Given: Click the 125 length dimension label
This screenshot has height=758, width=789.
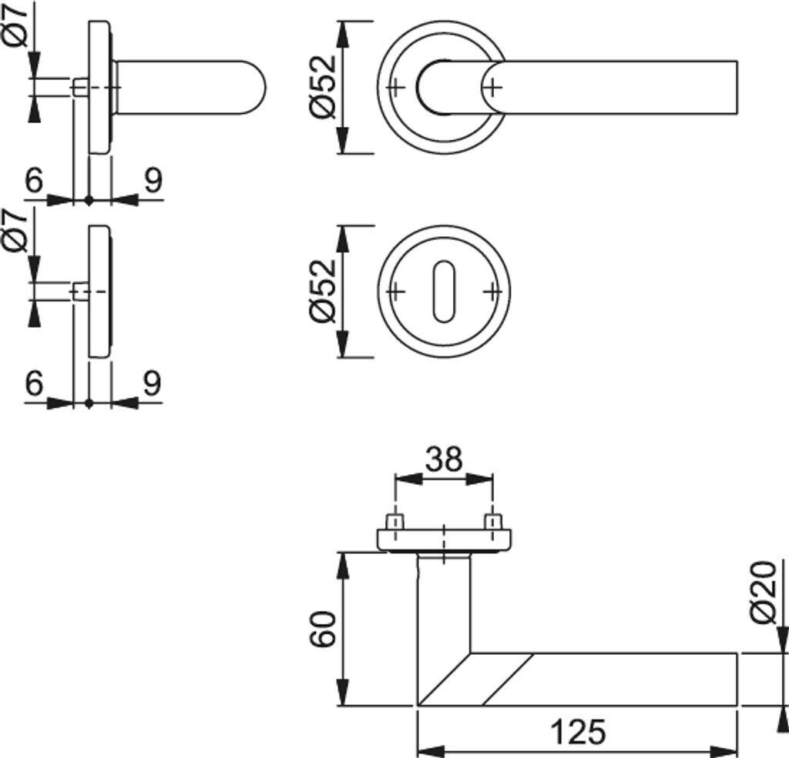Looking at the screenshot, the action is [578, 732].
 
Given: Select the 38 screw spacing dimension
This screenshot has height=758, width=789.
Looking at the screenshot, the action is [444, 459].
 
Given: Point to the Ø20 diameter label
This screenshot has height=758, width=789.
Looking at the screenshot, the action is [764, 593].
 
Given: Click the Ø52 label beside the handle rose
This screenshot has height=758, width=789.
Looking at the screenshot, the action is [323, 86].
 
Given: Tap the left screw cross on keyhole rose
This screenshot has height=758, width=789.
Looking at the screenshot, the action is [394, 292].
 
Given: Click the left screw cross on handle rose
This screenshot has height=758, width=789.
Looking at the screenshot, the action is [394, 87].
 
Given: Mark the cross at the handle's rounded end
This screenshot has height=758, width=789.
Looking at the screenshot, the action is [494, 87].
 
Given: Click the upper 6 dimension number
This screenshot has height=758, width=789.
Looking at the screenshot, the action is [34, 181].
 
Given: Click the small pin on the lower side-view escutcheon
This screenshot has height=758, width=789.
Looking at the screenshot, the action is [79, 291].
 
